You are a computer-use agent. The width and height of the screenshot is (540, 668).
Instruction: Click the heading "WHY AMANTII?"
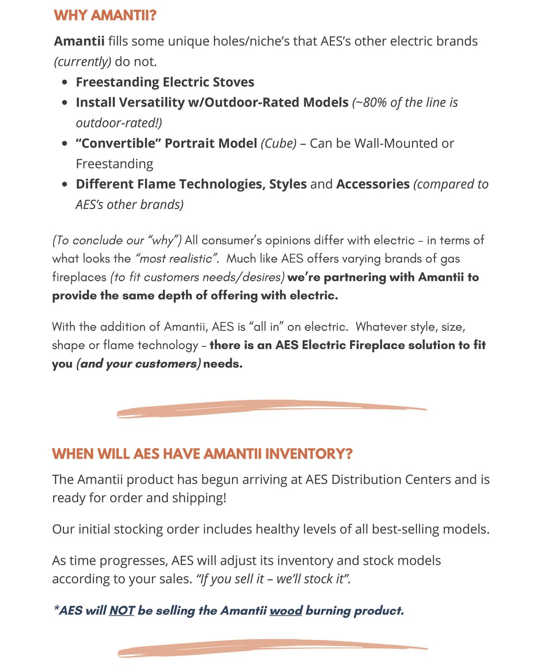[105, 15]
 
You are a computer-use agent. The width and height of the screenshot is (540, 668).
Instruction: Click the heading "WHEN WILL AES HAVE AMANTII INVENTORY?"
[202, 454]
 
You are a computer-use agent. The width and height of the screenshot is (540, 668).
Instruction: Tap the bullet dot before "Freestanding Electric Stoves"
[65, 83]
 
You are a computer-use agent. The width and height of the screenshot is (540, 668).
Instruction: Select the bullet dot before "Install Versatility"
[65, 103]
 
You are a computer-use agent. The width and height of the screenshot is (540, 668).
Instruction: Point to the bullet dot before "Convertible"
[65, 144]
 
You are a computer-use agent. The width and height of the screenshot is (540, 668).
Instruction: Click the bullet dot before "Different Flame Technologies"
[65, 184]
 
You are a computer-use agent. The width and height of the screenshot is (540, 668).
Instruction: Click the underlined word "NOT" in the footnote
[121, 611]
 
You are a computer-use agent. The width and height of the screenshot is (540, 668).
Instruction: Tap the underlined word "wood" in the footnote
[285, 611]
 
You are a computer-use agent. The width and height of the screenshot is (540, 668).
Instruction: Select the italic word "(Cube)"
[278, 144]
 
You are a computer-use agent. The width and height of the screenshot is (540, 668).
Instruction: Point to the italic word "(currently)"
[82, 62]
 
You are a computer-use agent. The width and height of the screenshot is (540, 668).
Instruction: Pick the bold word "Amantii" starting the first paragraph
[79, 42]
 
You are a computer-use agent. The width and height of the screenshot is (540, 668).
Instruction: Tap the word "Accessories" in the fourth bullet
[373, 184]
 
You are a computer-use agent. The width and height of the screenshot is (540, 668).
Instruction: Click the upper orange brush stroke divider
[271, 408]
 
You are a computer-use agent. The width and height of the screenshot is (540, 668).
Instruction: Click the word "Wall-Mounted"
[398, 144]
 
